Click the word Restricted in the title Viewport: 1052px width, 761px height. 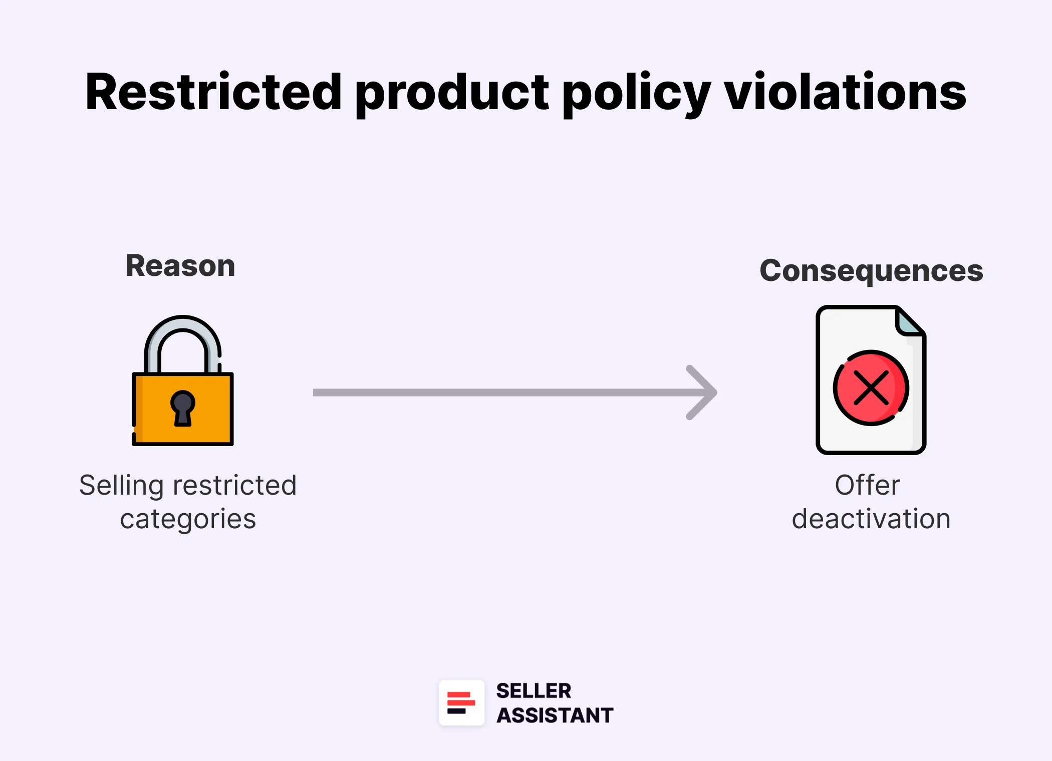(213, 92)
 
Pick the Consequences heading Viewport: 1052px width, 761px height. (871, 271)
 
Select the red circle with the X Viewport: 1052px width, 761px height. (871, 388)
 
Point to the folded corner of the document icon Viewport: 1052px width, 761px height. (909, 321)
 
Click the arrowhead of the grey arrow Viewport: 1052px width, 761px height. (706, 393)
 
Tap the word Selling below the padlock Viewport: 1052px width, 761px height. (121, 486)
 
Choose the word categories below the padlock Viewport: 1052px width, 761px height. (188, 519)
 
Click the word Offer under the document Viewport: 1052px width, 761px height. (867, 485)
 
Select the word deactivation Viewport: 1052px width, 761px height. (871, 519)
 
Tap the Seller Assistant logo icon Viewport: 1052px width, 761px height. (461, 702)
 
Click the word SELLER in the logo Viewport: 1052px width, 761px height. (534, 691)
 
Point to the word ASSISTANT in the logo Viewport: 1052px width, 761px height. (555, 715)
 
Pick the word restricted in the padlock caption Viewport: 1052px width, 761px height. (234, 485)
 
